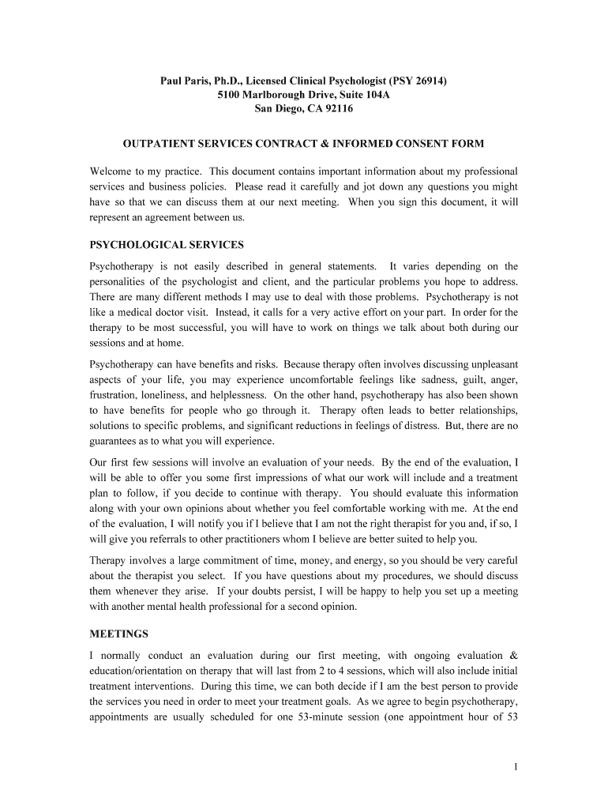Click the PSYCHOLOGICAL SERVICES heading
click(x=167, y=244)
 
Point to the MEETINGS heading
click(x=118, y=634)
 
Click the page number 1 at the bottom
click(x=514, y=766)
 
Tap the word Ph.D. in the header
click(x=232, y=81)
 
